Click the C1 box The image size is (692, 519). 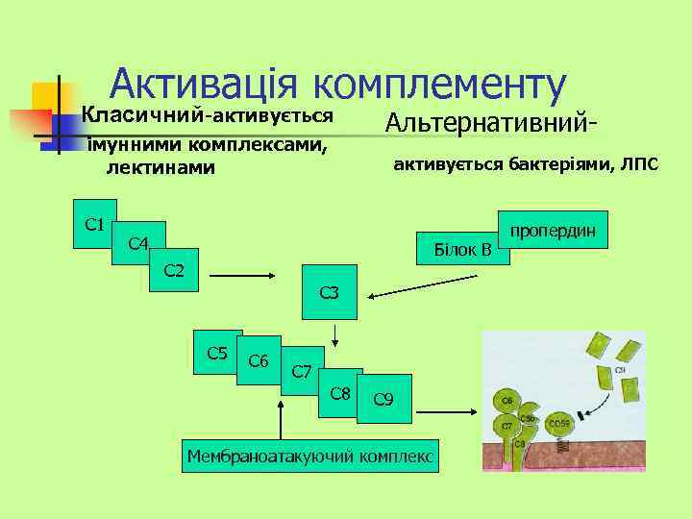click(x=95, y=223)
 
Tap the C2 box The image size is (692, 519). click(x=174, y=270)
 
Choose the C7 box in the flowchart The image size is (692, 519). click(x=300, y=372)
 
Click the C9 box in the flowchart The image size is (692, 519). click(x=383, y=398)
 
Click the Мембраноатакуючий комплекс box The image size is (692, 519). click(x=310, y=455)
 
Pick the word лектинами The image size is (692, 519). click(x=161, y=168)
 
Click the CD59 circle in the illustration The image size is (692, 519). click(x=559, y=424)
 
